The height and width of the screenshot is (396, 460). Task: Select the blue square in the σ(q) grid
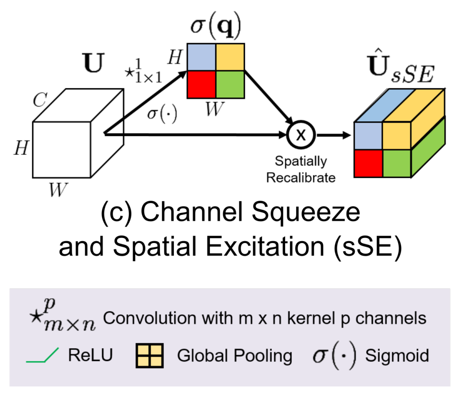coord(201,56)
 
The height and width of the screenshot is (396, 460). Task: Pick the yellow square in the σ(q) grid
coord(230,56)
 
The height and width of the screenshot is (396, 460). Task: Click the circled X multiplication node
coord(299,135)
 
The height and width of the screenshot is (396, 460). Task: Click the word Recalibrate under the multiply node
coord(300,177)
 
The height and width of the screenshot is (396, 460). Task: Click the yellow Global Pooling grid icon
coord(149,355)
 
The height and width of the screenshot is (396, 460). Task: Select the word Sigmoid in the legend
coord(397,355)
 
